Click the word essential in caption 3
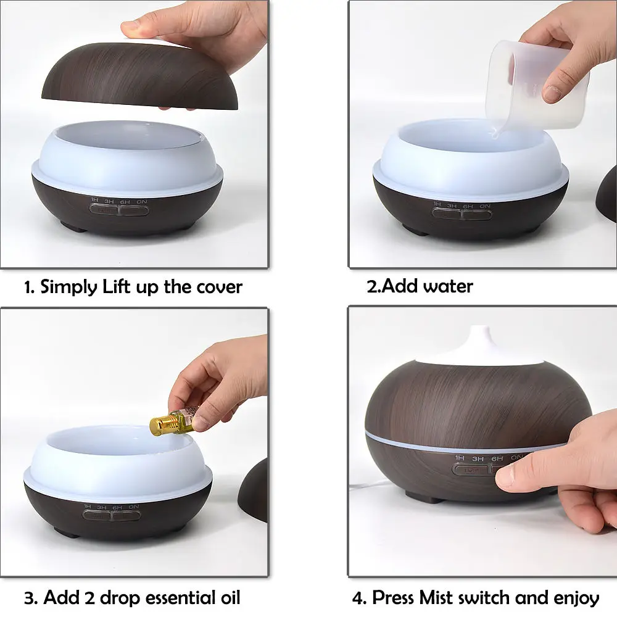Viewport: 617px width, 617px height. coord(173,597)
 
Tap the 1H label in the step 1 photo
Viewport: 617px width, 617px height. coord(94,200)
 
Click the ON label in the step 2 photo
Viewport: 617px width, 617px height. coord(485,205)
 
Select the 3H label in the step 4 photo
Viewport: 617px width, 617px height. coord(478,458)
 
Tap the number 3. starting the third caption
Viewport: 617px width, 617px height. coord(31,597)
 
